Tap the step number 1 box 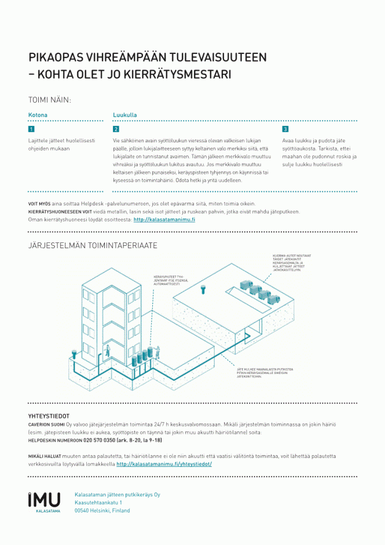[31, 129]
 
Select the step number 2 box [116, 129]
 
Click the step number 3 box [285, 129]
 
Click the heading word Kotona [38, 115]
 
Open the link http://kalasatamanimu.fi [164, 220]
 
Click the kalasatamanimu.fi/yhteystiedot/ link [164, 464]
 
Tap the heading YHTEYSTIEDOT [49, 416]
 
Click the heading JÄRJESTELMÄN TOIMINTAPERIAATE [93, 246]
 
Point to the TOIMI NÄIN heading [50, 100]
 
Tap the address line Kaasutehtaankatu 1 [98, 502]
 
